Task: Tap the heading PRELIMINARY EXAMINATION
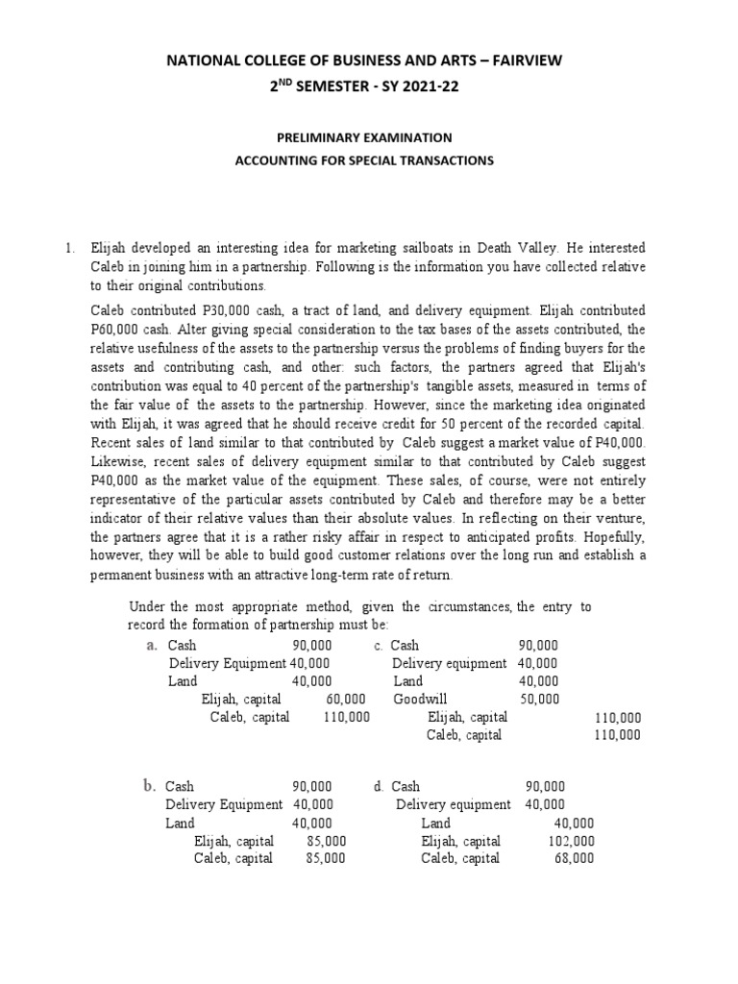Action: [x=364, y=138]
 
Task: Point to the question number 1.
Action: [x=69, y=249]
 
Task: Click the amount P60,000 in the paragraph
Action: [x=114, y=330]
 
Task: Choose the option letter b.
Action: [x=150, y=786]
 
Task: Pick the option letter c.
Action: [x=380, y=646]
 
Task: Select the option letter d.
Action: [x=379, y=787]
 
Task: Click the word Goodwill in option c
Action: [x=420, y=700]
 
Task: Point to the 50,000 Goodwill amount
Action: [x=538, y=700]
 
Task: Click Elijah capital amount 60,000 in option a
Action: [x=346, y=700]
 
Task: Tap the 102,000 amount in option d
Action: [x=575, y=841]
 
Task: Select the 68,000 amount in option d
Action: [x=575, y=858]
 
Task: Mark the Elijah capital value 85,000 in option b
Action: [x=328, y=841]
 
